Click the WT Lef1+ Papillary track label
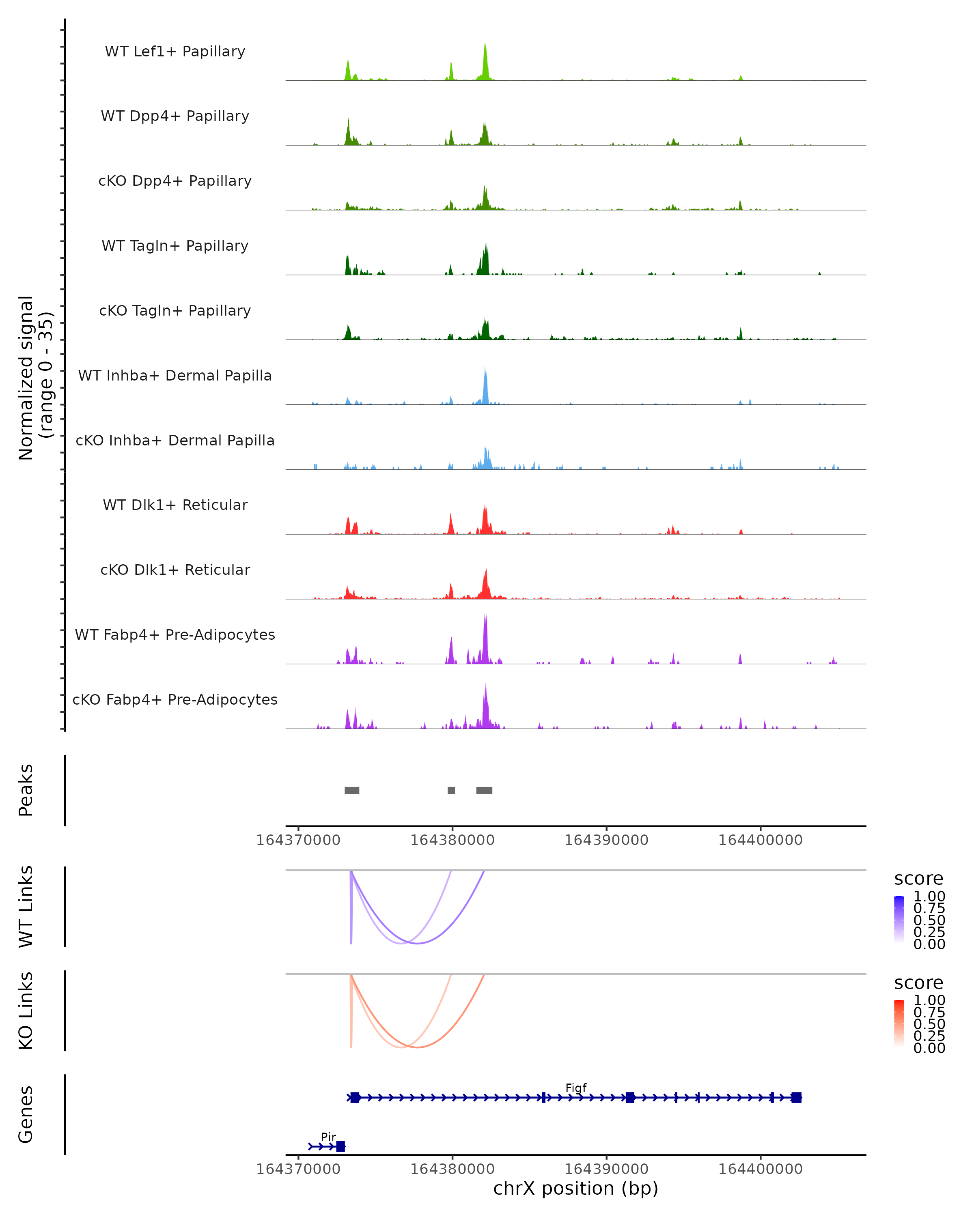(175, 52)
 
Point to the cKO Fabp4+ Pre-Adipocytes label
(175, 699)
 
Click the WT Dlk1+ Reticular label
(175, 505)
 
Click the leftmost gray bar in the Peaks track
(352, 790)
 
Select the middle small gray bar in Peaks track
(451, 790)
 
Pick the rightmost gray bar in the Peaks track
(484, 790)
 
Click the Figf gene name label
(576, 1088)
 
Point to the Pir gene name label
(328, 1137)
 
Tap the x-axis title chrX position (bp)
(575, 1189)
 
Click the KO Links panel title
(26, 1011)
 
